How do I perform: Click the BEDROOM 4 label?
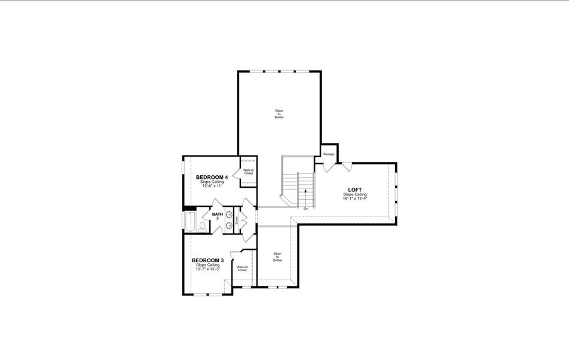point(212,178)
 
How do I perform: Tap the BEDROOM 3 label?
point(207,260)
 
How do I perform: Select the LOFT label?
point(355,190)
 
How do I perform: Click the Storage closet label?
point(329,154)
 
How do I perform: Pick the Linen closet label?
point(237,220)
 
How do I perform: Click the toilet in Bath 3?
point(203,226)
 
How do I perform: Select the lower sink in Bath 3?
point(229,225)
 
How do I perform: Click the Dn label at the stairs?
point(306,208)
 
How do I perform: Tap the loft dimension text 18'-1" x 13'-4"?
point(355,199)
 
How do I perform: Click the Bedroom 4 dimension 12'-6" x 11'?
point(212,186)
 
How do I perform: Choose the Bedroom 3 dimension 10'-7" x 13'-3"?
point(207,269)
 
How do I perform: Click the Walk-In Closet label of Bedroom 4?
point(248,172)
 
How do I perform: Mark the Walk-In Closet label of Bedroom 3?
point(242,269)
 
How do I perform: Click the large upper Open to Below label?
point(279,114)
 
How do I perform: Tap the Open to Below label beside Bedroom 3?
point(277,257)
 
